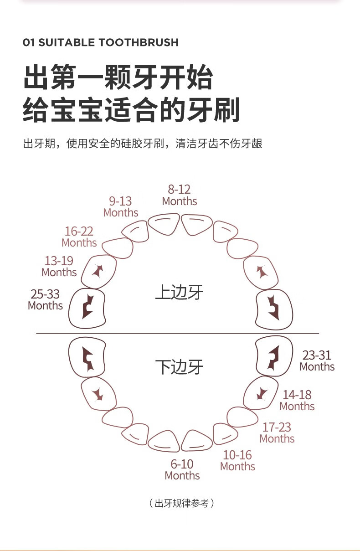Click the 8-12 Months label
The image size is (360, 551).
(180, 196)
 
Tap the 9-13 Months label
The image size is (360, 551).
(120, 207)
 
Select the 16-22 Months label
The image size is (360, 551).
(79, 237)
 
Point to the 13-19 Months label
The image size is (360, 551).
(59, 267)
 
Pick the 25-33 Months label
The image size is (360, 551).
(45, 299)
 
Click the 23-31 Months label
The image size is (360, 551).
(317, 360)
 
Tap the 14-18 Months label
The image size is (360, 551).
(297, 400)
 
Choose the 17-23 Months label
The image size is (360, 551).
(277, 433)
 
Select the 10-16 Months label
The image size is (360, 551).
(237, 460)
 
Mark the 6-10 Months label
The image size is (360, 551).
(182, 469)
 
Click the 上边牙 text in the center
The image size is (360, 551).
(179, 292)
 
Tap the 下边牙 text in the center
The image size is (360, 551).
(179, 367)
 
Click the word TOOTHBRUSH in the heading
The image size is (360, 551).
(139, 42)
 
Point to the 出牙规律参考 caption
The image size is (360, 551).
(182, 503)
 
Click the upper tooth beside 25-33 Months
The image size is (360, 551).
(87, 308)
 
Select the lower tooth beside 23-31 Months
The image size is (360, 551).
(274, 356)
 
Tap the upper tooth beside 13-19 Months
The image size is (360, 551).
(99, 272)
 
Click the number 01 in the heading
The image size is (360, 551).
(29, 42)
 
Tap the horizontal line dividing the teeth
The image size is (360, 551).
(178, 334)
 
